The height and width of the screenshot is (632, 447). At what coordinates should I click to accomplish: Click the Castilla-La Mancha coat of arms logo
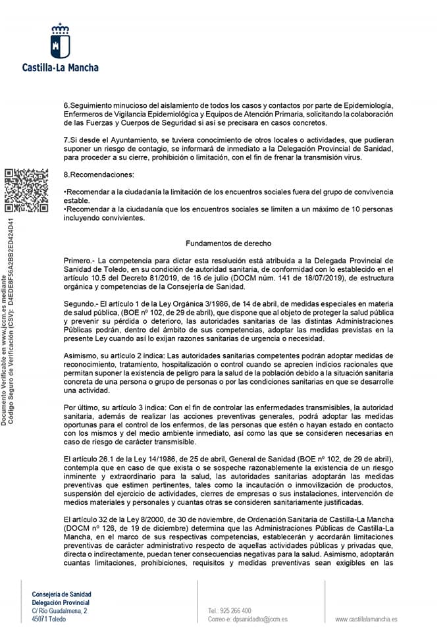(61, 41)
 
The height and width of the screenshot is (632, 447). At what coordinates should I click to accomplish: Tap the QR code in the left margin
(26, 191)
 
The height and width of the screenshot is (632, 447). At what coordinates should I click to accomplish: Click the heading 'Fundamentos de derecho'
(224, 243)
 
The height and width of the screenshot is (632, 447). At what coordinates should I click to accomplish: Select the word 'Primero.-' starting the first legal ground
(79, 261)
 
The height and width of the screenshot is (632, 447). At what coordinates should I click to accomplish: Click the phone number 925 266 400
(234, 610)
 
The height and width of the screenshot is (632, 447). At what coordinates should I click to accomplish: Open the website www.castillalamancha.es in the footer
(366, 619)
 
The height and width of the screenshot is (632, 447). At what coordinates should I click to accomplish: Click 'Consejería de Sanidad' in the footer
(62, 594)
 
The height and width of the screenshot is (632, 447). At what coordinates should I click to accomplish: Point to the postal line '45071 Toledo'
(49, 619)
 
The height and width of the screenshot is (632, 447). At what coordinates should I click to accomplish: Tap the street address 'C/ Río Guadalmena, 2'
(59, 611)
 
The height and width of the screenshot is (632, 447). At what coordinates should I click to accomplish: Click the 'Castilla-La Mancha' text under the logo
(61, 67)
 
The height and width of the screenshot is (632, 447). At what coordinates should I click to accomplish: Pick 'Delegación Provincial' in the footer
(61, 602)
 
